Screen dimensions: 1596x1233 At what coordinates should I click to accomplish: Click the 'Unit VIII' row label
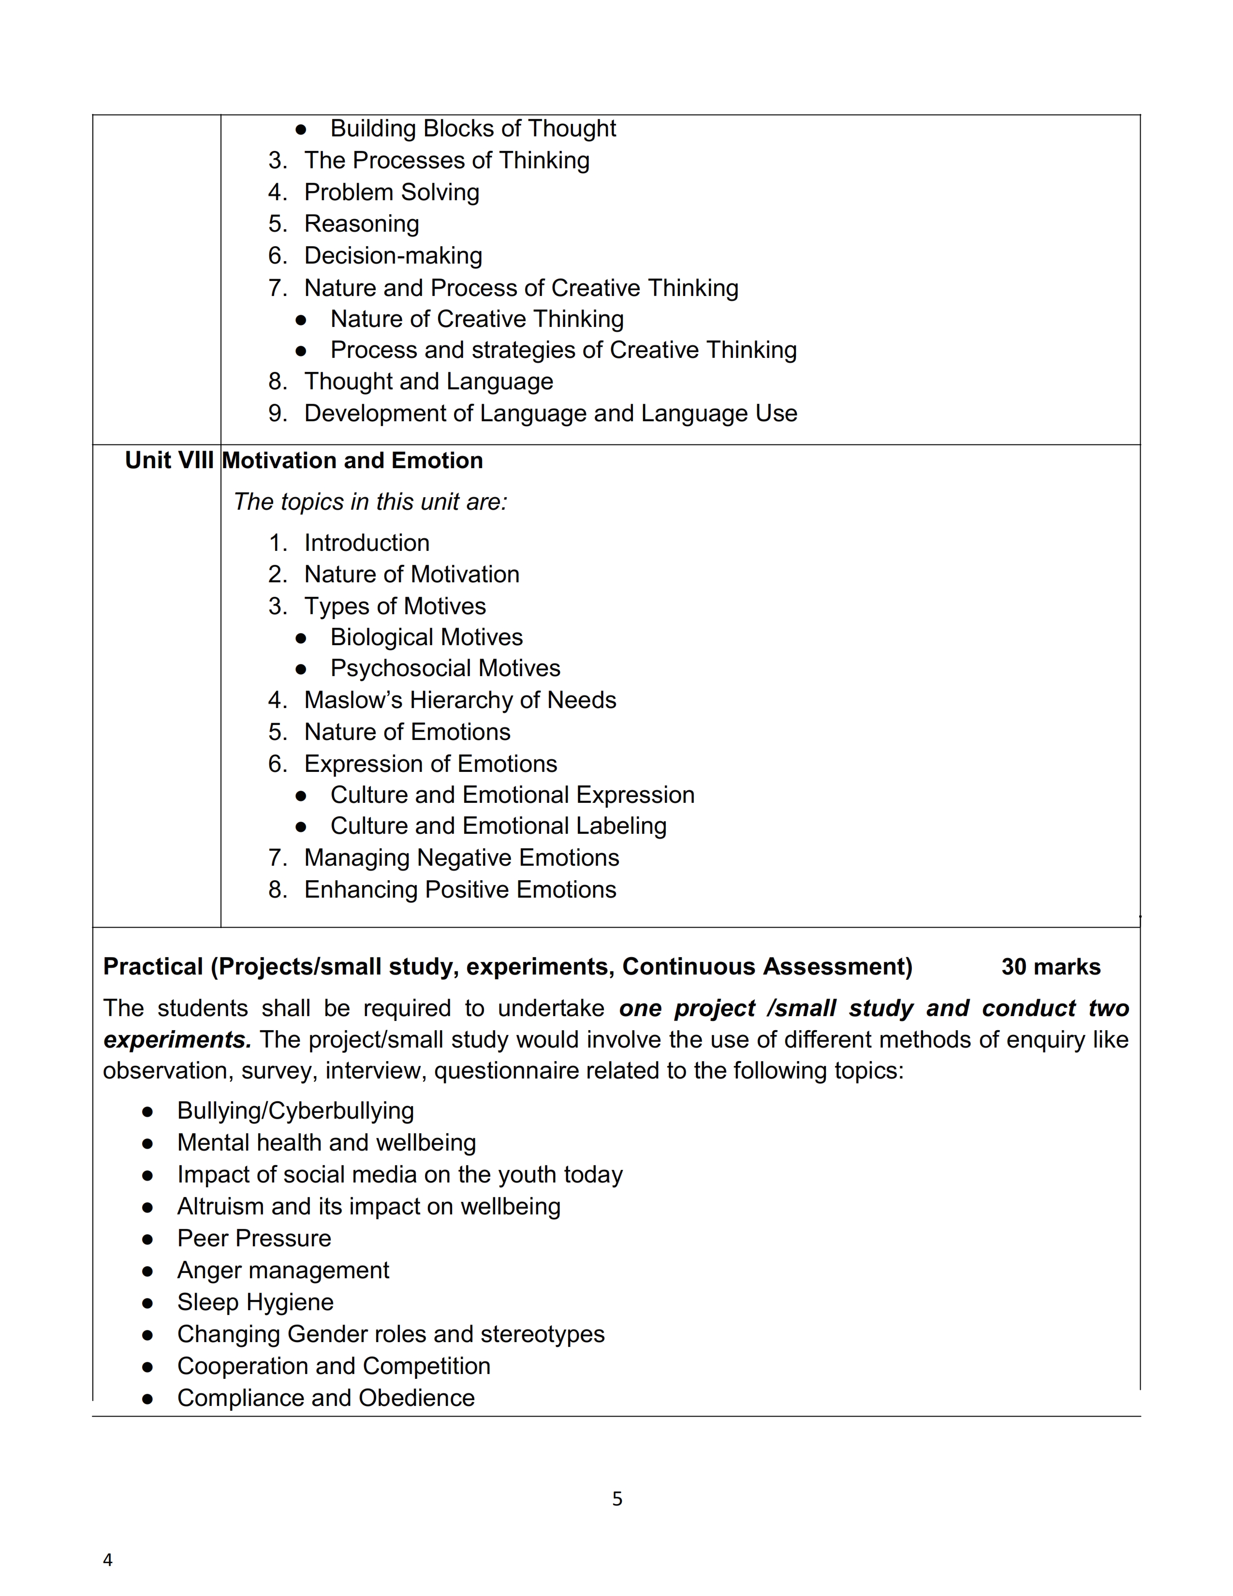169,460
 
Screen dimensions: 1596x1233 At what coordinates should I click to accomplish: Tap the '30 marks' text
1050,966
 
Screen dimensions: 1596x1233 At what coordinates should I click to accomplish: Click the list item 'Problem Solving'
392,192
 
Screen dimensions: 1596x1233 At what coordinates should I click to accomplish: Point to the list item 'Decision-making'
393,256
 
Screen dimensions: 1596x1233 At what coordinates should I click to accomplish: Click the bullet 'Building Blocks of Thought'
472,129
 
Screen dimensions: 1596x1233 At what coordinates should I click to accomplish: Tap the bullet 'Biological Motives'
426,637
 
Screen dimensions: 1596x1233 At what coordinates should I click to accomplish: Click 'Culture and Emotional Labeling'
498,826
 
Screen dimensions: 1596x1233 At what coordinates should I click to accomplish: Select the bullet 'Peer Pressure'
253,1238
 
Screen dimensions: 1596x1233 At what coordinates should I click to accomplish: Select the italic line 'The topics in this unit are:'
369,502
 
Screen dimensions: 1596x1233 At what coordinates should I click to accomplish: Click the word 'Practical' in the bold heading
153,966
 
